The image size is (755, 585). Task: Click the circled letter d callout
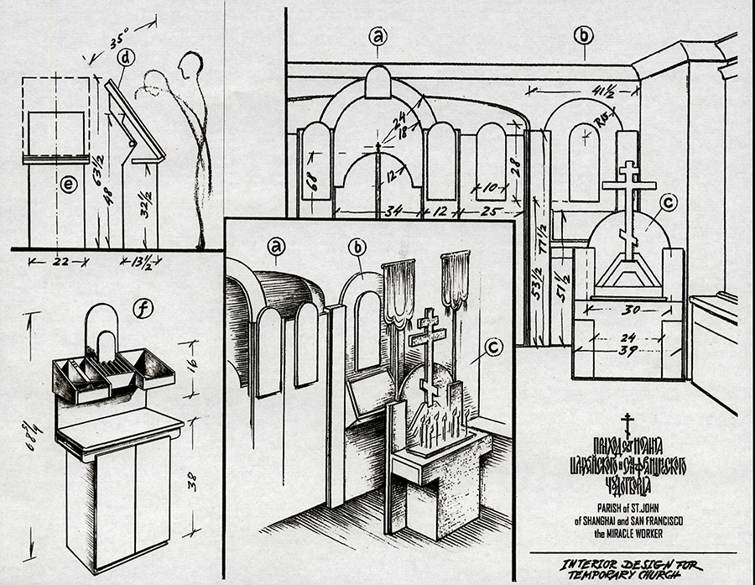click(x=126, y=58)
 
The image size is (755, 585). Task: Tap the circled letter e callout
click(x=68, y=185)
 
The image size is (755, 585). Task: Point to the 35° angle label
click(x=121, y=38)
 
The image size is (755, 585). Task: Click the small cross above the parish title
click(x=627, y=424)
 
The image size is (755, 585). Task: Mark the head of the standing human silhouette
click(x=192, y=67)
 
